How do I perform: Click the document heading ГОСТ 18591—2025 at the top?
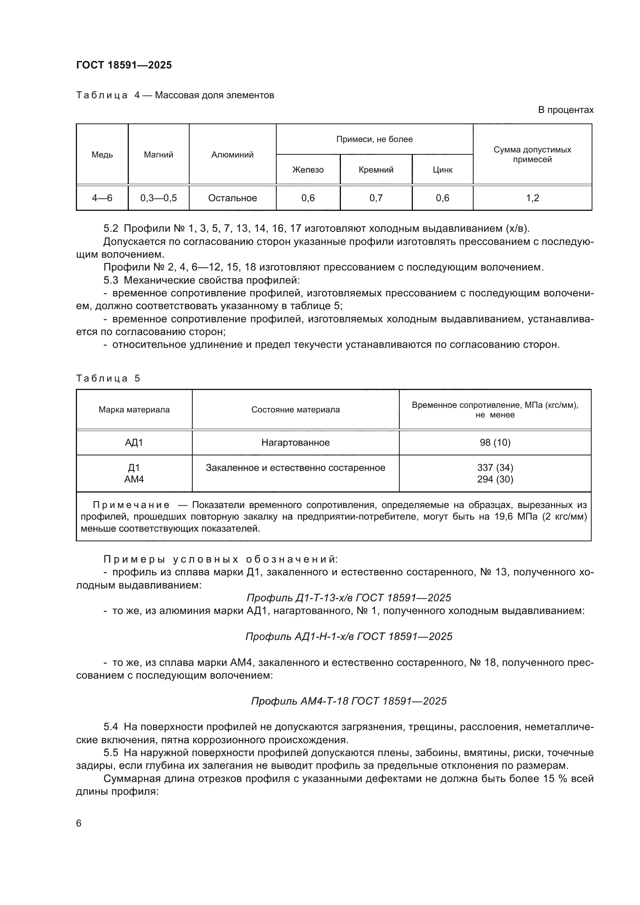click(124, 65)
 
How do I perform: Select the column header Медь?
click(102, 154)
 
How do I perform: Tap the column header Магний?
click(158, 154)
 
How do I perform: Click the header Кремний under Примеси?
click(376, 169)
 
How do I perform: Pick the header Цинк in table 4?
click(442, 169)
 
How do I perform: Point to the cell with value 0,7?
click(376, 198)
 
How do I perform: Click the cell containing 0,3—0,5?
click(158, 198)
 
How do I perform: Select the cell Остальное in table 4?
click(233, 198)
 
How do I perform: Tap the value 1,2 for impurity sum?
click(532, 198)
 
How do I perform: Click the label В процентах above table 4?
click(566, 110)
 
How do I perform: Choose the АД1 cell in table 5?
click(134, 443)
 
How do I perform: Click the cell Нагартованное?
click(296, 443)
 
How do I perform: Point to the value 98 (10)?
click(495, 443)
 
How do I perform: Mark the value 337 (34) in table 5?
click(495, 467)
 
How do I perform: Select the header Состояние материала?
click(296, 409)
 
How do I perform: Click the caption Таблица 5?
click(108, 378)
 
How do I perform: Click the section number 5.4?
click(111, 727)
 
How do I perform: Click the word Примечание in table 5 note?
click(131, 505)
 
